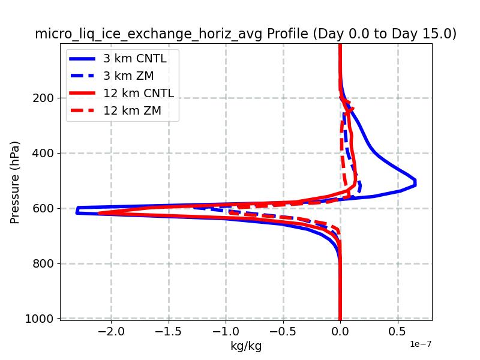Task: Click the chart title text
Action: (x=245, y=34)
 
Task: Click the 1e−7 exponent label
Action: (x=421, y=344)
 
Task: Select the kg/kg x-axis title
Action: (x=246, y=346)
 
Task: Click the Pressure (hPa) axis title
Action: (x=16, y=182)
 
